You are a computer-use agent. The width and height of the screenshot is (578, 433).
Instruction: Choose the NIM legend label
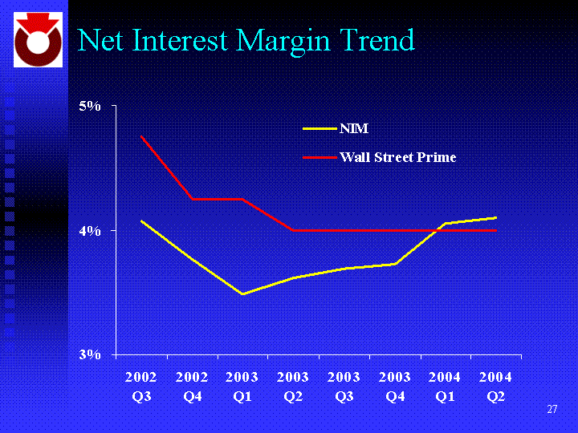tap(354, 128)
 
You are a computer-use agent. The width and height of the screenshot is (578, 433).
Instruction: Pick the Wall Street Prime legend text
tap(397, 157)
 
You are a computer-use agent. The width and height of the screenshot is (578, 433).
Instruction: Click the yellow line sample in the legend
tap(319, 128)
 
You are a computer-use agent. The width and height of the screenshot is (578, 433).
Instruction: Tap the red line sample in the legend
tap(319, 157)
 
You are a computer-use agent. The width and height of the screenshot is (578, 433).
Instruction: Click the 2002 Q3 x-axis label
tap(141, 386)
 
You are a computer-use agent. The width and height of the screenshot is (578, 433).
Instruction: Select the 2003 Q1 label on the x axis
tap(242, 386)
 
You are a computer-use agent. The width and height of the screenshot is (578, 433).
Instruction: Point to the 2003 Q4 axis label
tap(395, 386)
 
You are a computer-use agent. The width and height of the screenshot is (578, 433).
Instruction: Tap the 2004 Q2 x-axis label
tap(496, 386)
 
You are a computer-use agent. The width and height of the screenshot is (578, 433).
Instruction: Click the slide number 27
tap(552, 410)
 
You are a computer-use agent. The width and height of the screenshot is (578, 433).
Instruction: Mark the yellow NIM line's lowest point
tap(242, 294)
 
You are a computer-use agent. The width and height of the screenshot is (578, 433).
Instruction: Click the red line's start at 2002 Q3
tap(141, 137)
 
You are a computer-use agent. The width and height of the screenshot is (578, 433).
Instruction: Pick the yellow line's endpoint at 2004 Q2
tap(496, 217)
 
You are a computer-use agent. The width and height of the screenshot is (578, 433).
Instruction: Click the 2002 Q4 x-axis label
tap(192, 386)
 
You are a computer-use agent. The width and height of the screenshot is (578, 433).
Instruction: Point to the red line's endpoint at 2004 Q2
tap(496, 230)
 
